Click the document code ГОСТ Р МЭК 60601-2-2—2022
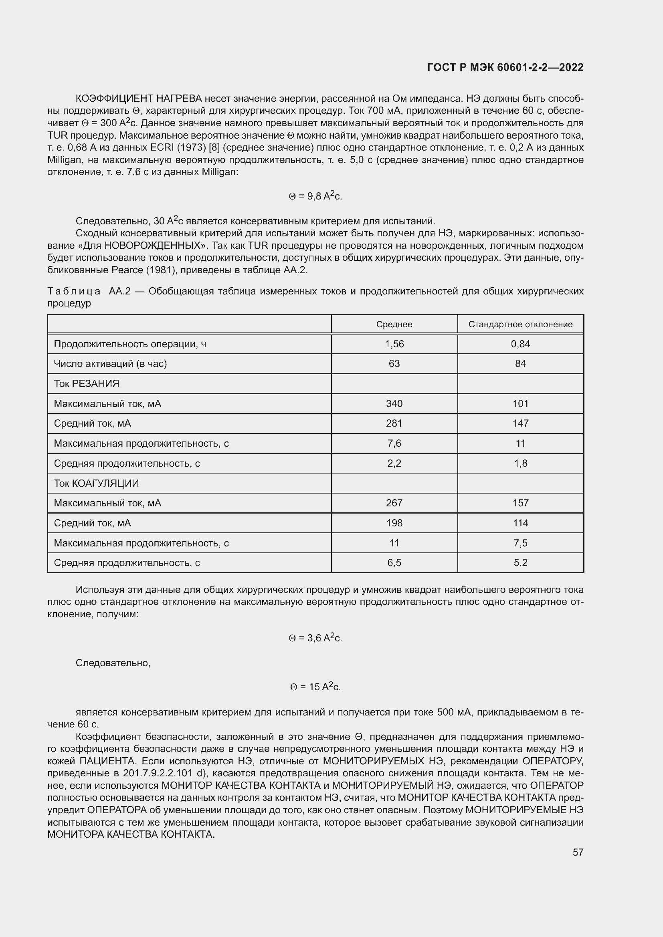505,67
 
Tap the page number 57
578,852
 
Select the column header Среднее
394,324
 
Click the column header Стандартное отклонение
520,324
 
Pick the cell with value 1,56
394,344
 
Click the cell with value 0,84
520,344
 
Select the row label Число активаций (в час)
110,364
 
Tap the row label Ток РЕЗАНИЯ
87,384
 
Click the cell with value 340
394,404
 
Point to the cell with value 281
394,423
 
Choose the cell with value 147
520,423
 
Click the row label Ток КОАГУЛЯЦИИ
96,483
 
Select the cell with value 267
394,503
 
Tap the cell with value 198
394,523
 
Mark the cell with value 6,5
394,563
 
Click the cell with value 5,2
520,563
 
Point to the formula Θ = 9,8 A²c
315,196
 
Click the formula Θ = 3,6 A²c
315,638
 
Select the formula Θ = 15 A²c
315,687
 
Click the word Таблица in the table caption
74,291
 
